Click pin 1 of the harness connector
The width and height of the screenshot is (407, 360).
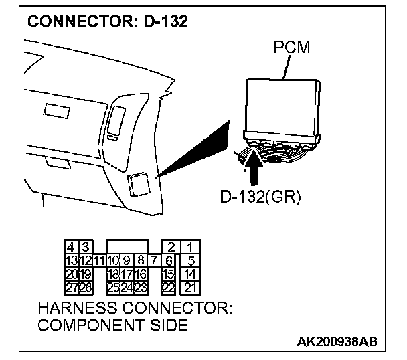tap(191, 248)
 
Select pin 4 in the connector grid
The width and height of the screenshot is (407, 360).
tap(70, 248)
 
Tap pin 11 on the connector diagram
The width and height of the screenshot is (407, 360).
tap(98, 260)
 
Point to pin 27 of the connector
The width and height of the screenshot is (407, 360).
tap(70, 288)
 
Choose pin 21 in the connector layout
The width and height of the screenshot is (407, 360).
tap(191, 288)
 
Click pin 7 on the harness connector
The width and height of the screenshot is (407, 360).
tap(154, 260)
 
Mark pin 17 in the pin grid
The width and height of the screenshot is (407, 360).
tap(127, 274)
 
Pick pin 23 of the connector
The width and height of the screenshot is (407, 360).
tap(141, 288)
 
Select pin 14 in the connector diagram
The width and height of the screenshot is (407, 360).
tap(191, 274)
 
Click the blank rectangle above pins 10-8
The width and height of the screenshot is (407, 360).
tap(127, 247)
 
